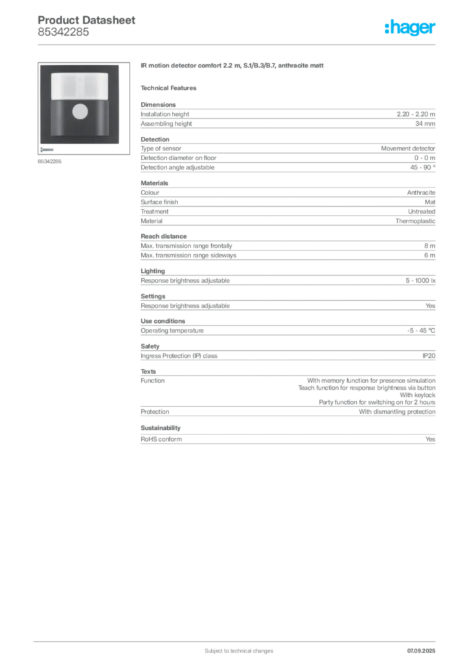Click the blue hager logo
point(411,28)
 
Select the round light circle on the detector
point(80,112)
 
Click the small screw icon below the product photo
point(47,149)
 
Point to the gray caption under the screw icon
point(49,161)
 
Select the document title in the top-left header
point(87,21)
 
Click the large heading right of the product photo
point(233,67)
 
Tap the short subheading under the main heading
point(171,88)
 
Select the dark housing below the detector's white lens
point(80,120)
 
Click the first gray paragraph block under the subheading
point(288,116)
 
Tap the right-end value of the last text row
point(433,439)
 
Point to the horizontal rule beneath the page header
point(238,44)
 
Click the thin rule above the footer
point(238,639)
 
